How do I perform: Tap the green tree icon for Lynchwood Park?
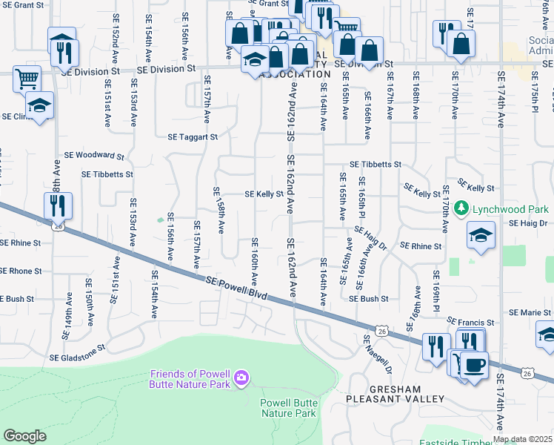tap(462, 207)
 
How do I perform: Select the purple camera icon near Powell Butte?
tap(241, 380)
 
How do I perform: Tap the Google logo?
tap(24, 436)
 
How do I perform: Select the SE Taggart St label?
tap(193, 137)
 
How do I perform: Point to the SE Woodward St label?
tap(94, 156)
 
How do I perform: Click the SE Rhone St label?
tap(21, 271)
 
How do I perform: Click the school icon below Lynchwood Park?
tap(481, 237)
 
